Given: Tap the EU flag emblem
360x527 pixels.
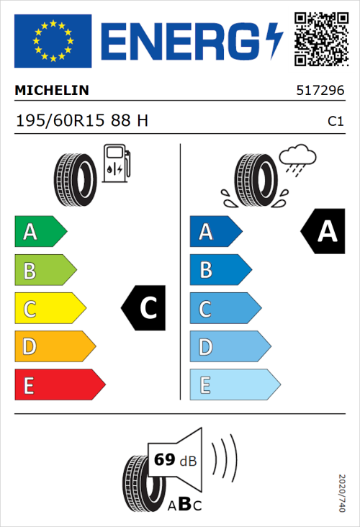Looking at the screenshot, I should click(x=53, y=41).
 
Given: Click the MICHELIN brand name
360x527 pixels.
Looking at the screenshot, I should click(x=51, y=91).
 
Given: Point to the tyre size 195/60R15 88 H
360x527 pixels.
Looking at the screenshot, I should click(x=81, y=121).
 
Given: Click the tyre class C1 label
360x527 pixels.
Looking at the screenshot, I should click(x=336, y=122).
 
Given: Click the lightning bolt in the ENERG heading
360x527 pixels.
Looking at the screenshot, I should click(x=274, y=41).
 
